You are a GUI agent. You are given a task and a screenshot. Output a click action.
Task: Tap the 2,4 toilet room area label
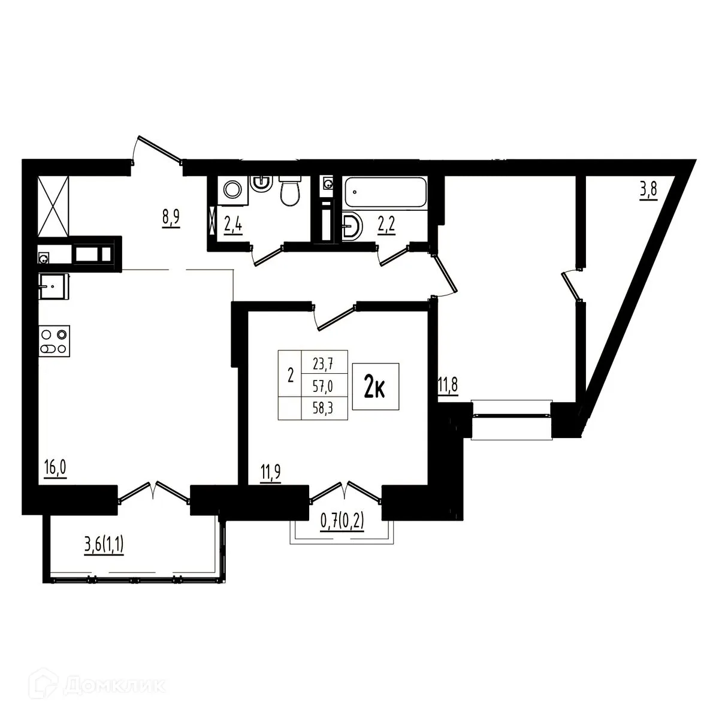(x=233, y=228)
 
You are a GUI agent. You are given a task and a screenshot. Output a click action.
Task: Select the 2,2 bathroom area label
(x=385, y=228)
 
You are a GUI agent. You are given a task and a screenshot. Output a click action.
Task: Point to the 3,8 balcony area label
(x=648, y=192)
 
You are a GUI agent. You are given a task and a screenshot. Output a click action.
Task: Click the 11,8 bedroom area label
(x=448, y=385)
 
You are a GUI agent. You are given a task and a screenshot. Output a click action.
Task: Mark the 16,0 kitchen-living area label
(x=55, y=466)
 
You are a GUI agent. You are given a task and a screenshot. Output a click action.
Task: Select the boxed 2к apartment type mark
(x=375, y=387)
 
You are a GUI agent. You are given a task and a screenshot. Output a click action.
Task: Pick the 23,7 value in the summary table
(x=324, y=361)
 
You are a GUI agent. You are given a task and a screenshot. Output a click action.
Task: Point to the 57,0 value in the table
(x=324, y=386)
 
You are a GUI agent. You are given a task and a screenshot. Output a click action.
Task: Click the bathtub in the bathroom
(x=384, y=192)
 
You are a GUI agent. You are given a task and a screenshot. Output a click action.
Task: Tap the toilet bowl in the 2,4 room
(x=290, y=191)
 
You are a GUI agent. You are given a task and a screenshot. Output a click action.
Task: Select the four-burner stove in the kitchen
(x=55, y=342)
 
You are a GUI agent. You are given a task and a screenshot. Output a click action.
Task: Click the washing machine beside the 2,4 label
(x=232, y=190)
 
